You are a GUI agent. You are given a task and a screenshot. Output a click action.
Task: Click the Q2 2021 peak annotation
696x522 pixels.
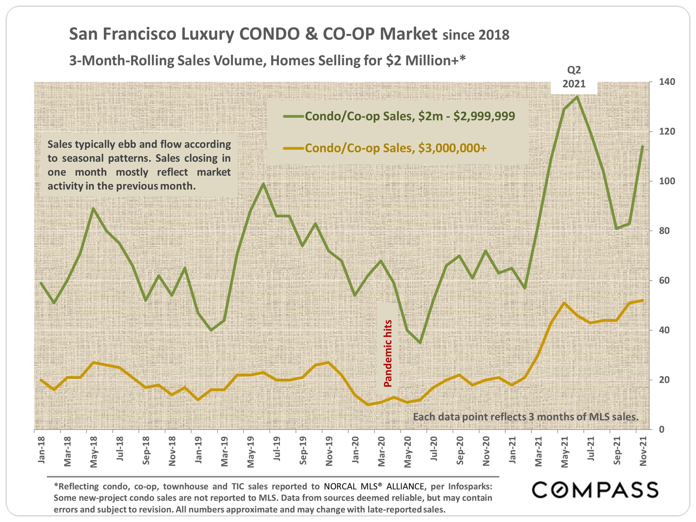574,77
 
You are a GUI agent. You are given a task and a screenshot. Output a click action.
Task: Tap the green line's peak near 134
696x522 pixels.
577,97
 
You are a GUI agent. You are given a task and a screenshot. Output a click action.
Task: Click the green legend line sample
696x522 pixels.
293,116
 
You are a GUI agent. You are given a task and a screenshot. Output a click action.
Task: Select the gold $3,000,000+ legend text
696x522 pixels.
396,148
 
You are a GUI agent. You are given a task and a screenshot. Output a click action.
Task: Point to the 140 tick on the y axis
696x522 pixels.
667,82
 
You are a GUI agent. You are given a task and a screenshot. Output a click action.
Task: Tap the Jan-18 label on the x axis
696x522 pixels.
41,450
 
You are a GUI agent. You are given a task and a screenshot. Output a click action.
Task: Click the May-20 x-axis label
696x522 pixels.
408,452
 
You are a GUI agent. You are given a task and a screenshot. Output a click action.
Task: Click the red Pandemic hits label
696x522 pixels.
388,353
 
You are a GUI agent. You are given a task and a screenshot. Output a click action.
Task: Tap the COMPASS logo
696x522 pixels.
595,490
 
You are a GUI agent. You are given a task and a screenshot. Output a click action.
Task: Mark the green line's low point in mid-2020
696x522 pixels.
420,342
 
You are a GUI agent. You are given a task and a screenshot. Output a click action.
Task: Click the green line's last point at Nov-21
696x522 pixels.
642,146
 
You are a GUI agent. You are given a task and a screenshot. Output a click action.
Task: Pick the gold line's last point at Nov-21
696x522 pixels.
642,300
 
